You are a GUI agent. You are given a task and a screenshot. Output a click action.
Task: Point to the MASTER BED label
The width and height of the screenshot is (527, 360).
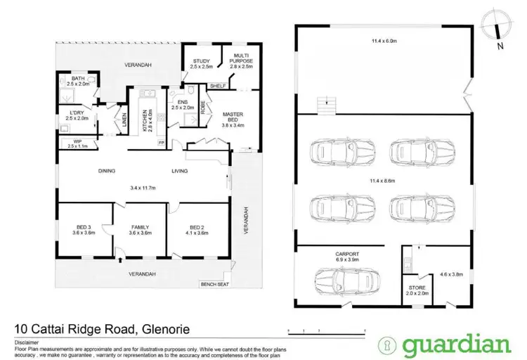pyautogui.click(x=233, y=117)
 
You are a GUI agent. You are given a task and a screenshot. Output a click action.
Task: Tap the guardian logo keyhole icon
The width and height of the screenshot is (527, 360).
pyautogui.click(x=385, y=345)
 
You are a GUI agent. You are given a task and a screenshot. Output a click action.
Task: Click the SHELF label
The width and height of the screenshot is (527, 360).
pyautogui.click(x=218, y=87)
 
